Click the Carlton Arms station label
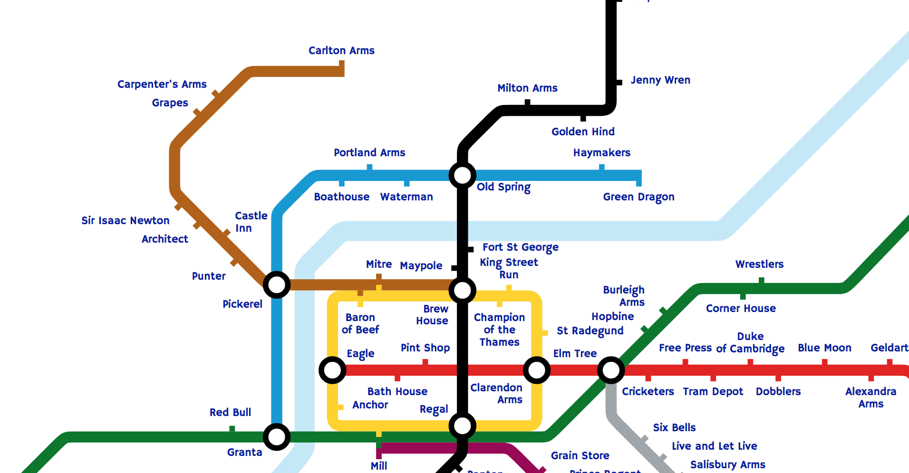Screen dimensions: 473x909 click(341, 50)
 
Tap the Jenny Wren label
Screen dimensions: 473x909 click(660, 80)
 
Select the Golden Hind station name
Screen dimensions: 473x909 click(583, 132)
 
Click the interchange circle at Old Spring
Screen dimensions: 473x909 click(462, 175)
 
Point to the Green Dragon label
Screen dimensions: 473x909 click(638, 197)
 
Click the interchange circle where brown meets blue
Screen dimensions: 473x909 click(277, 285)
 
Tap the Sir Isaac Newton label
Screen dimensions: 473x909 click(125, 220)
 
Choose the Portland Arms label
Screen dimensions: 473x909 click(369, 152)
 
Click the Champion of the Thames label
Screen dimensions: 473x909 click(499, 330)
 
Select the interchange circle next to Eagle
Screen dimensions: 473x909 click(332, 370)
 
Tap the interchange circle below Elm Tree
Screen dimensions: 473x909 click(611, 370)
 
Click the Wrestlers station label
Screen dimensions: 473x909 click(759, 264)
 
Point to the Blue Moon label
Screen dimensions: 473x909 click(824, 348)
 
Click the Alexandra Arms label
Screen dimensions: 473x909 click(870, 397)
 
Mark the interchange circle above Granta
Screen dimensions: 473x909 click(277, 437)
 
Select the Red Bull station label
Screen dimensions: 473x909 click(230, 412)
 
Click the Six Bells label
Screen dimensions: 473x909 click(674, 427)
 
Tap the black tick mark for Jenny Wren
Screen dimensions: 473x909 click(619, 82)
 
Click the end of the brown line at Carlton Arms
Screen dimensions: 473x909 click(341, 71)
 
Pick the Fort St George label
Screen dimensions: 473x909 click(520, 247)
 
